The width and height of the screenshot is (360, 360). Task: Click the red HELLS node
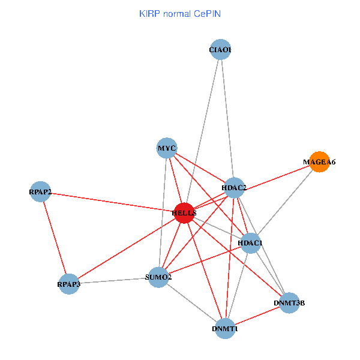click(x=184, y=213)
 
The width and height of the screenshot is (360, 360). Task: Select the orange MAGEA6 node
click(x=319, y=162)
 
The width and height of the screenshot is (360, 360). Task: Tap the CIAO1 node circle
click(x=220, y=50)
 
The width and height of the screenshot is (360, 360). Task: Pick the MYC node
click(x=166, y=148)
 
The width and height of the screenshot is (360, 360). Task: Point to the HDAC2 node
click(x=234, y=188)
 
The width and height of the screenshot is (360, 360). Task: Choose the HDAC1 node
click(x=250, y=243)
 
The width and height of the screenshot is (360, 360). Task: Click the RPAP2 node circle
click(x=40, y=192)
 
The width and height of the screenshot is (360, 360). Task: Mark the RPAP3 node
click(x=69, y=283)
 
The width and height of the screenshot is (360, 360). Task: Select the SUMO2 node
click(x=158, y=277)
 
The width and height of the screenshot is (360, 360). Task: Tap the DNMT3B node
click(x=289, y=303)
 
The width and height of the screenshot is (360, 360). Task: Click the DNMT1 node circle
click(x=225, y=329)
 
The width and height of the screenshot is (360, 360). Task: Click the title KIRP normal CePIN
click(x=179, y=13)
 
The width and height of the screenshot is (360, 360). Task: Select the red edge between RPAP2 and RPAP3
click(x=55, y=238)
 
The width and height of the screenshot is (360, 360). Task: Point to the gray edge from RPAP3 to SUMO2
click(x=114, y=280)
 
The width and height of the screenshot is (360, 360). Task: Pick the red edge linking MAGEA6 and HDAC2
click(x=277, y=175)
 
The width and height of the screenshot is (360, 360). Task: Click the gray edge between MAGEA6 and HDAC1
click(x=285, y=202)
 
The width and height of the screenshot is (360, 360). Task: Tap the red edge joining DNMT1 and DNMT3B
click(x=257, y=316)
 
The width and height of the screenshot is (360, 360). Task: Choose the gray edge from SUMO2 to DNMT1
click(x=192, y=303)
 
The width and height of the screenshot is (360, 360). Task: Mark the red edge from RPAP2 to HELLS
click(x=112, y=202)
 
